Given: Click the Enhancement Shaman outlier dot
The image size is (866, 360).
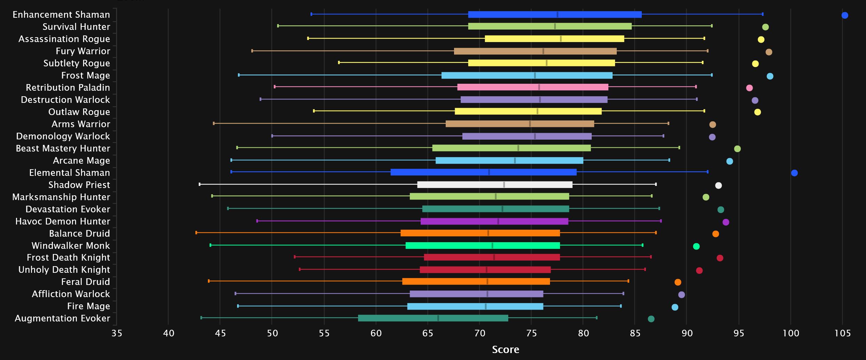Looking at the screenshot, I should pyautogui.click(x=844, y=15).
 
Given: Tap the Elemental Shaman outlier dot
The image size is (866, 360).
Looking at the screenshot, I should pyautogui.click(x=794, y=173).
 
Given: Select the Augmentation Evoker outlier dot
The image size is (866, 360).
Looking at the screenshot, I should pyautogui.click(x=651, y=319).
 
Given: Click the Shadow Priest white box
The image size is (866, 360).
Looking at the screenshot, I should pyautogui.click(x=494, y=185).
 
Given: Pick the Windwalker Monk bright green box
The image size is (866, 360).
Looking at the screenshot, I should pyautogui.click(x=483, y=246).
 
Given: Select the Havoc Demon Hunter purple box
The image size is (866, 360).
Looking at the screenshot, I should pyautogui.click(x=494, y=221).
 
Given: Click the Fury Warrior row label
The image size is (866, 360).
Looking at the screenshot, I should pyautogui.click(x=83, y=51).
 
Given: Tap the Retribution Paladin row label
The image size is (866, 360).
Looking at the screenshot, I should pyautogui.click(x=68, y=88).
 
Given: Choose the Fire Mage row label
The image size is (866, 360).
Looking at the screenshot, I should pyautogui.click(x=88, y=306).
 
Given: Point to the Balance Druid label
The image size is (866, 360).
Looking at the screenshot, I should pyautogui.click(x=79, y=234).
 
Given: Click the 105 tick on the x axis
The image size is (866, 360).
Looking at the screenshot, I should pyautogui.click(x=842, y=334).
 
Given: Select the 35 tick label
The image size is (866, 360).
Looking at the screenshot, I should pyautogui.click(x=117, y=334).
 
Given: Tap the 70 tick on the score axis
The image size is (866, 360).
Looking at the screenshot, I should pyautogui.click(x=479, y=334).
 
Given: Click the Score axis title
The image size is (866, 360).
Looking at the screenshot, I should pyautogui.click(x=505, y=350).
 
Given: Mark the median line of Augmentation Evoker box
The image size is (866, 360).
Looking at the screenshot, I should pyautogui.click(x=438, y=318).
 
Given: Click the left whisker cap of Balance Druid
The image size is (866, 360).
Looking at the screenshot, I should pyautogui.click(x=196, y=233).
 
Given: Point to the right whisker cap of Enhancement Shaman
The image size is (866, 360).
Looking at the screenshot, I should pyautogui.click(x=762, y=14).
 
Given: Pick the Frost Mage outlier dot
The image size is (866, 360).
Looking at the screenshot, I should pyautogui.click(x=770, y=76).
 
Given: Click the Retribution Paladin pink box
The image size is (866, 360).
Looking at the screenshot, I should pyautogui.click(x=532, y=87).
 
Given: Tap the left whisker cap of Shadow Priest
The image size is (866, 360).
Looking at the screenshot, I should pyautogui.click(x=200, y=184).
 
